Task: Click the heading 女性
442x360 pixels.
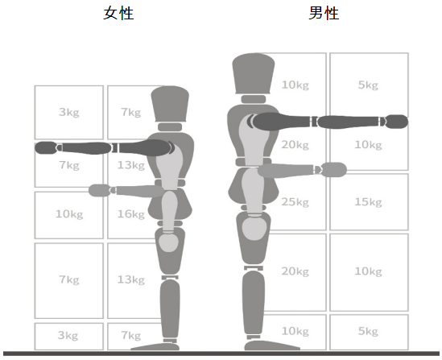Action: coord(118,13)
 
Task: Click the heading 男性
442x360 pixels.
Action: coord(324,13)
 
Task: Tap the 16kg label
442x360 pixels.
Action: coord(131,214)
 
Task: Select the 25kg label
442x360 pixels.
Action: coord(295,202)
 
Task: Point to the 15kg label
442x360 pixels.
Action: coord(368,202)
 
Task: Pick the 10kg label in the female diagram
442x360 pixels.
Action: coord(69,214)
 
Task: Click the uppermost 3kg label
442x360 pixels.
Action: coord(69,113)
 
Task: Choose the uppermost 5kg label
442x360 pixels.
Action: coord(368,85)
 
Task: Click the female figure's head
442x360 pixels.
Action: coord(170,104)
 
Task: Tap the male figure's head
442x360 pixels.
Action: coord(254,73)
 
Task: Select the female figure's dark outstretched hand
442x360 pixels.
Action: coord(46,147)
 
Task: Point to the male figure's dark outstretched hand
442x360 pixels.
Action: coord(397,122)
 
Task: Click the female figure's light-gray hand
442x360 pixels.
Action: coord(99,190)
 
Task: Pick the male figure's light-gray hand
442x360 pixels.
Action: coord(334,170)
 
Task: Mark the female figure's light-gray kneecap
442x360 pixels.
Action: coord(168,242)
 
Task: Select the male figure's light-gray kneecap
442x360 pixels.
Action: coord(254,229)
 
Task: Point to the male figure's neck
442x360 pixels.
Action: coord(254,99)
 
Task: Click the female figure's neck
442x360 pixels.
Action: coord(170,127)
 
